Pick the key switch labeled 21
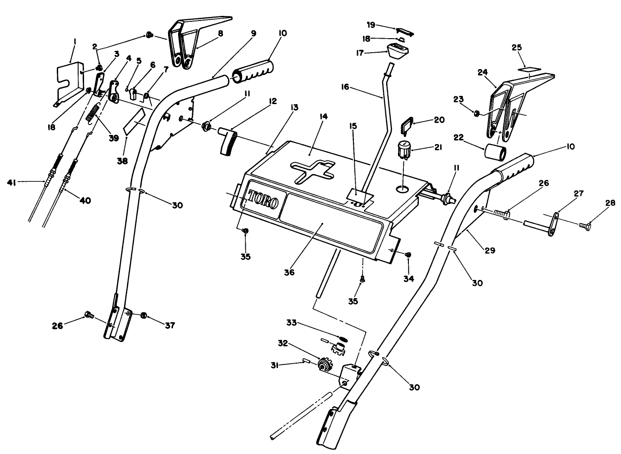[403, 150]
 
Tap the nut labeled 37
[144, 315]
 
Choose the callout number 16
[345, 86]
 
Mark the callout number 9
[253, 33]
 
